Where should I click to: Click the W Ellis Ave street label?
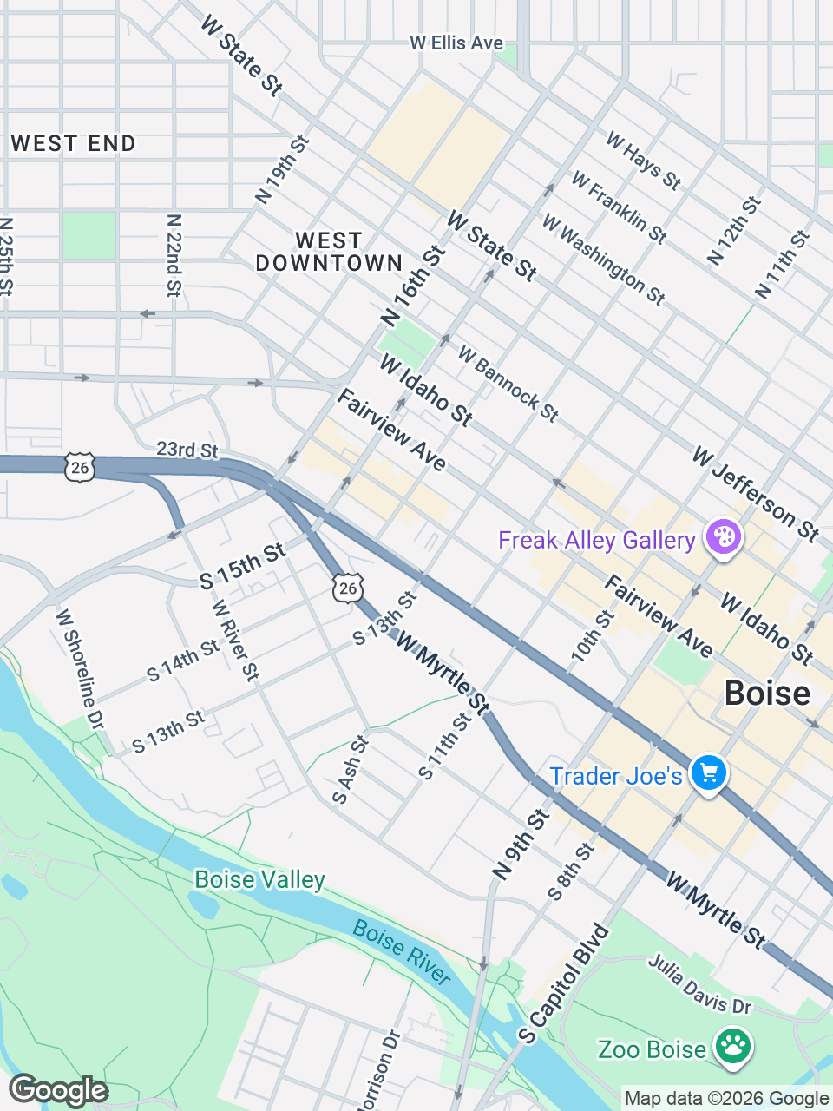pyautogui.click(x=456, y=43)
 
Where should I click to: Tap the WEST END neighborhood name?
pyautogui.click(x=74, y=143)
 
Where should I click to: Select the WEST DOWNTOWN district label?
pyautogui.click(x=329, y=252)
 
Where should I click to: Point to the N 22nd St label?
pyautogui.click(x=174, y=256)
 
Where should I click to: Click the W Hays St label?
pyautogui.click(x=643, y=161)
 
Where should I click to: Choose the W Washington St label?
pyautogui.click(x=604, y=260)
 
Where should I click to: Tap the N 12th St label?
pyautogui.click(x=734, y=231)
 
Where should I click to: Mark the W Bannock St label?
pyautogui.click(x=508, y=384)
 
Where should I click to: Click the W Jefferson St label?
pyautogui.click(x=756, y=494)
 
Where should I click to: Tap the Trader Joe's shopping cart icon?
pyautogui.click(x=709, y=772)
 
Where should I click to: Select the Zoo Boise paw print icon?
pyautogui.click(x=734, y=1048)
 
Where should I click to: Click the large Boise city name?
pyautogui.click(x=767, y=694)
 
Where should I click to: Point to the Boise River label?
pyautogui.click(x=403, y=953)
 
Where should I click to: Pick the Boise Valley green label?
pyautogui.click(x=259, y=879)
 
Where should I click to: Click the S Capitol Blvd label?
pyautogui.click(x=564, y=984)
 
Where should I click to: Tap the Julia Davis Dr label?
pyautogui.click(x=700, y=984)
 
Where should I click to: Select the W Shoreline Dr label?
pyautogui.click(x=79, y=669)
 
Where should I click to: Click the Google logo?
pyautogui.click(x=59, y=1090)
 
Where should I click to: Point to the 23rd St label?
pyautogui.click(x=187, y=449)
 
